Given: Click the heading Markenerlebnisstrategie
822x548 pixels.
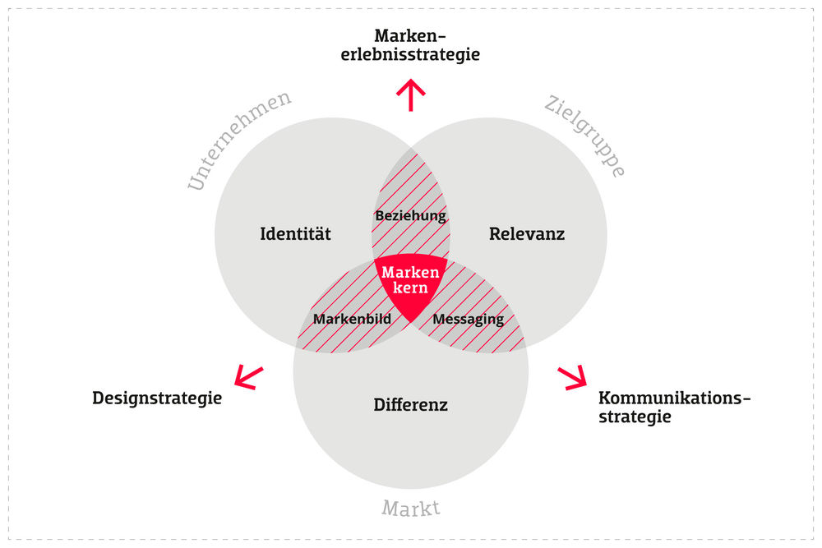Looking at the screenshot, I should [410, 46].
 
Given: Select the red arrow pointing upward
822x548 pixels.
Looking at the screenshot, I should [410, 95].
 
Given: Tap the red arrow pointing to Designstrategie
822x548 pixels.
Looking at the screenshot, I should [248, 376].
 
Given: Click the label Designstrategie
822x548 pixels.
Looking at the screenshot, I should [157, 398].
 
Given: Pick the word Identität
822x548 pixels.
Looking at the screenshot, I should [295, 234].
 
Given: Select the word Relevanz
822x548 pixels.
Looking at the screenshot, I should [527, 234].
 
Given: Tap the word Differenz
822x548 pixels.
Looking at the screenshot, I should [410, 404].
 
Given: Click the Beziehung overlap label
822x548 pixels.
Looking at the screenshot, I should [410, 216].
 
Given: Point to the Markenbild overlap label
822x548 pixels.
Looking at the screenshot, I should [352, 319].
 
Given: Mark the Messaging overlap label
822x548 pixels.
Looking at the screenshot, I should [469, 319].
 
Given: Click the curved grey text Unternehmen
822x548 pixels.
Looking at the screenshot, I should [238, 140].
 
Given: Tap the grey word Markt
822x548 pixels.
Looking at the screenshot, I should [411, 509].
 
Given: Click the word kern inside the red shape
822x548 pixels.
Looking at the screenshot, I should [411, 288].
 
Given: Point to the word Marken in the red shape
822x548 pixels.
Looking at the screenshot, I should [411, 273].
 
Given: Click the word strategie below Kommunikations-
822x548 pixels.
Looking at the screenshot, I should [635, 417].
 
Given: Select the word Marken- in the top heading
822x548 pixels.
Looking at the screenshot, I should [410, 36].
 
